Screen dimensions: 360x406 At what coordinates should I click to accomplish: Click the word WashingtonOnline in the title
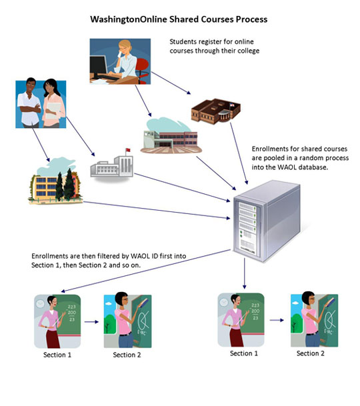tap(129, 19)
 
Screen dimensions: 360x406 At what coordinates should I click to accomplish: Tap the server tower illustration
tap(267, 221)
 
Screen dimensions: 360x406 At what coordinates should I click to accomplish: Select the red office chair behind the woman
tap(142, 70)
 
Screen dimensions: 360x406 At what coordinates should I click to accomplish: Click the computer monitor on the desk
tap(98, 67)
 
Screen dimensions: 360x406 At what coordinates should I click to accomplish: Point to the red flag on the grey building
tap(128, 150)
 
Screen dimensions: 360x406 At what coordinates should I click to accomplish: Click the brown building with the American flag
tap(216, 111)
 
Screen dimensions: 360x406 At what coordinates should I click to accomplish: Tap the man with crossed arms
tap(29, 103)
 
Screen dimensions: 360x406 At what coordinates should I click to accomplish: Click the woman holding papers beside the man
tap(53, 103)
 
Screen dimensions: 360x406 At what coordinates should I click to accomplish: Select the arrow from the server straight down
tap(244, 273)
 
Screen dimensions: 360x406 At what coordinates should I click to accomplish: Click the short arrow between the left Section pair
tap(92, 322)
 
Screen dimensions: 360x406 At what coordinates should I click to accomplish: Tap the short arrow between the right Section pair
tap(277, 320)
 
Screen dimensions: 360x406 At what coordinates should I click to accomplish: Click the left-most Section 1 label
tap(57, 355)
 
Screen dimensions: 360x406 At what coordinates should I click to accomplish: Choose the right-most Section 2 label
tap(310, 353)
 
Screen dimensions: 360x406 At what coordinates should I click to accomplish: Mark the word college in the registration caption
tap(249, 51)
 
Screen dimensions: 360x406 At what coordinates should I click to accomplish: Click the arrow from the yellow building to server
tap(157, 210)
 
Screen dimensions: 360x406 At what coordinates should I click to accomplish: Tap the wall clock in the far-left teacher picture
tap(40, 303)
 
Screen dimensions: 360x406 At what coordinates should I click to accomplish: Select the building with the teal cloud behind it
tap(171, 136)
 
